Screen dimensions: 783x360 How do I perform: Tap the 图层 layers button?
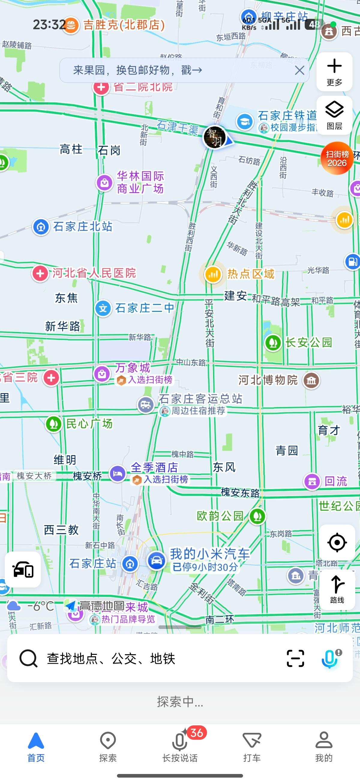(334, 115)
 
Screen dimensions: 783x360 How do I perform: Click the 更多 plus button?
(334, 72)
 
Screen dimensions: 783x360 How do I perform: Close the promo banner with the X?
(299, 71)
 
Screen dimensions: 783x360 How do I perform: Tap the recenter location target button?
(337, 542)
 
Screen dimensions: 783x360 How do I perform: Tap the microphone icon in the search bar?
(330, 658)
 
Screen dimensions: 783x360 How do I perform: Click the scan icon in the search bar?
(295, 658)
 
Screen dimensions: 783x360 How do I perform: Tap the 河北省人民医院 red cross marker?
(40, 273)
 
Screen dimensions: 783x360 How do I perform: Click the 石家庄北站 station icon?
(41, 227)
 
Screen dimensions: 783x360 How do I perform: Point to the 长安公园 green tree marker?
(273, 343)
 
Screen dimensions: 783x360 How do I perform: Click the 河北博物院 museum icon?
(311, 380)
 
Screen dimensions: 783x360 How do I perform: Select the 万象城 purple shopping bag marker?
(102, 373)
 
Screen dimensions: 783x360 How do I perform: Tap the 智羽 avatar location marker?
(215, 138)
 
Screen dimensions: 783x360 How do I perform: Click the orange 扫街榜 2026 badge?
(337, 158)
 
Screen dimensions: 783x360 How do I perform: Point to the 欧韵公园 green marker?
(258, 516)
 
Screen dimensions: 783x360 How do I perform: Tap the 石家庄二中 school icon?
(103, 309)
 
